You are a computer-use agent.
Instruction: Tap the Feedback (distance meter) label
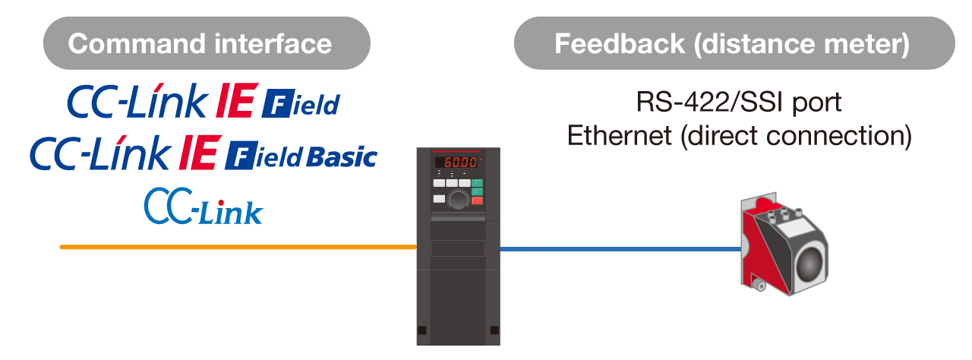[734, 43]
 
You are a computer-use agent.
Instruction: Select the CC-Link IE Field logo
[204, 103]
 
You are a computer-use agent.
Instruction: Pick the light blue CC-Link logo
[204, 206]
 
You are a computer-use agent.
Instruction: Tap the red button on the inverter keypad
[478, 201]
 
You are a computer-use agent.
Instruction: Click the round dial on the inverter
[458, 200]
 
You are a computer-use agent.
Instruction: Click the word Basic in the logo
[342, 156]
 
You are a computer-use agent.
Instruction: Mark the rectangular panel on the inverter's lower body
[458, 248]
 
